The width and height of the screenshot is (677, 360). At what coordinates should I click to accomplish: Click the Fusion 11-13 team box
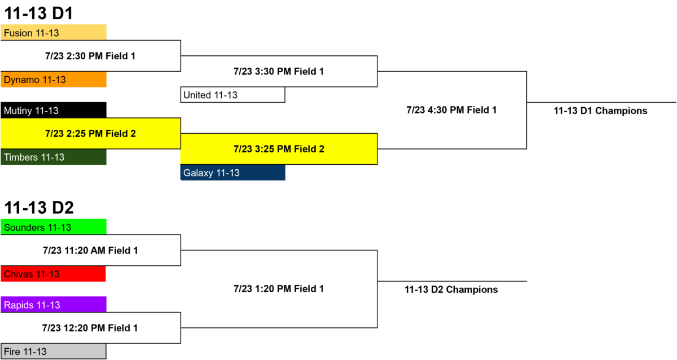tap(54, 32)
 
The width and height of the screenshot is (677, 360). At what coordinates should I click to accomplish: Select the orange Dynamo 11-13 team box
tap(54, 80)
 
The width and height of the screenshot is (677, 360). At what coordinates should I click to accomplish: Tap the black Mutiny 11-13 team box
tap(54, 110)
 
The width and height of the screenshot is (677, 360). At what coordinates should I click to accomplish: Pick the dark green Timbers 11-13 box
tap(54, 157)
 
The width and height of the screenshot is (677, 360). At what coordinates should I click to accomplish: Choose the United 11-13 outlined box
tap(232, 95)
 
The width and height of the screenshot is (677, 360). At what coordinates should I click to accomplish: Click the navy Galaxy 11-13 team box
tap(232, 172)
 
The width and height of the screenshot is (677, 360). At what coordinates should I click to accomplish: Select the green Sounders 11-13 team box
tap(54, 227)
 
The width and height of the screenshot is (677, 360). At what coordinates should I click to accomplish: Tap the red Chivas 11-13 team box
tap(53, 274)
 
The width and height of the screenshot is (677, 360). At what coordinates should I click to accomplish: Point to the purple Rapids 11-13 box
tap(54, 304)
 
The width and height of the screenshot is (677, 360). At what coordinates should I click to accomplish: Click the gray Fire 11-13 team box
tap(54, 351)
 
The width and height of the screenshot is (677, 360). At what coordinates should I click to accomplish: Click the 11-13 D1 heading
tap(39, 13)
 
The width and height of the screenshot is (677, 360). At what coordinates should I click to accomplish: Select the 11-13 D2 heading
tap(39, 207)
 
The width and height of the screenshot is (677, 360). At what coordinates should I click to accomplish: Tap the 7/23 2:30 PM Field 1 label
tap(90, 56)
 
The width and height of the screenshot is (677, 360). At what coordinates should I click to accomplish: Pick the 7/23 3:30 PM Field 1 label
tap(279, 71)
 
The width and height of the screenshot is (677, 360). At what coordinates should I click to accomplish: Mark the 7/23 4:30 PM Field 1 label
tap(451, 110)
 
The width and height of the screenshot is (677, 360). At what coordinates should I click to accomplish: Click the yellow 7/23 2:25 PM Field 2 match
tap(91, 133)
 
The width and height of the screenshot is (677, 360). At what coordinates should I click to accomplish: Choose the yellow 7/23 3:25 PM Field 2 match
tap(279, 149)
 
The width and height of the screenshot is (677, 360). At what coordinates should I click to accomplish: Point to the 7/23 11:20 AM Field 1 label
tap(90, 251)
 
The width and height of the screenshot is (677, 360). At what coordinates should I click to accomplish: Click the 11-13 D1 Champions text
tap(600, 111)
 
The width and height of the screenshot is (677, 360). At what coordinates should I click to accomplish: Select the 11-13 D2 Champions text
tap(451, 289)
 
